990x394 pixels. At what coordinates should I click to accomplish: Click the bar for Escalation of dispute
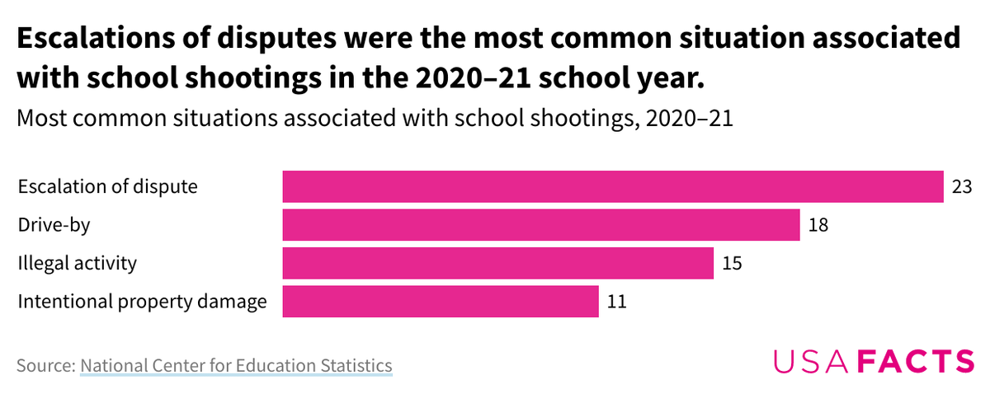tap(612, 186)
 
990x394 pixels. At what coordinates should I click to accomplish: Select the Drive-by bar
tap(541, 225)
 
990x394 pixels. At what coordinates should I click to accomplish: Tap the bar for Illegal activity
tap(497, 264)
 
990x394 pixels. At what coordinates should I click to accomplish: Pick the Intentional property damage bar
tap(440, 302)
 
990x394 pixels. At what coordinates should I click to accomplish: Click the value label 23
tap(961, 186)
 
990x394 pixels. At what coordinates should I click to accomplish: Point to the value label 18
tap(818, 225)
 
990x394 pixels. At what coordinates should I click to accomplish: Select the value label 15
tap(732, 264)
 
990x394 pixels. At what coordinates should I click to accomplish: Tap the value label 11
tap(616, 302)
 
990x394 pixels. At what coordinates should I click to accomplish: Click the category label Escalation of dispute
tap(107, 186)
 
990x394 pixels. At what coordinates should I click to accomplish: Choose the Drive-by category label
tap(53, 225)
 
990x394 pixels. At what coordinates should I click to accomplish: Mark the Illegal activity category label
tap(77, 264)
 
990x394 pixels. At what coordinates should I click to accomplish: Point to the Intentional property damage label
tap(142, 302)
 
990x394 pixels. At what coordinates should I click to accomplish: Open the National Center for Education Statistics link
tap(236, 365)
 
